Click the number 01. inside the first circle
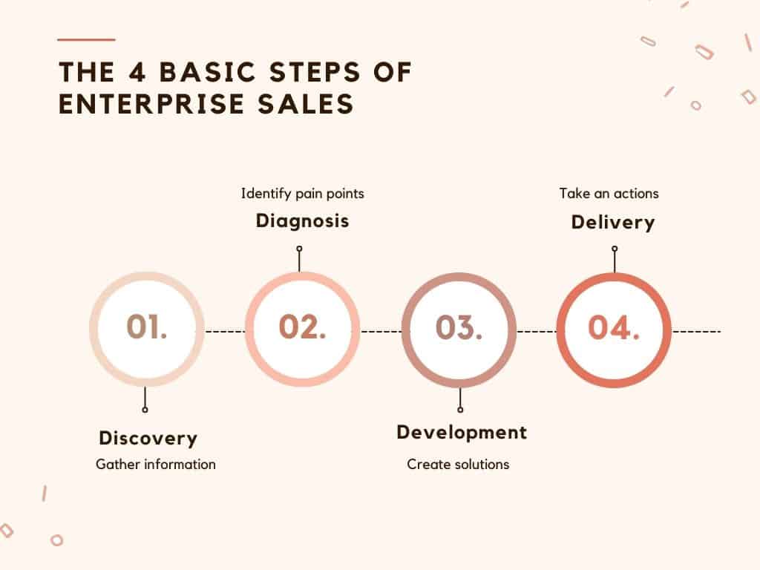point(146,327)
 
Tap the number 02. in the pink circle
point(303,327)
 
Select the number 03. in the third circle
point(459,327)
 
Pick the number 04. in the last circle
point(614,327)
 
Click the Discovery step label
point(148,438)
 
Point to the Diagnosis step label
point(303,221)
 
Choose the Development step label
point(462,433)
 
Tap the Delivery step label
point(613,223)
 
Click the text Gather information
point(156,465)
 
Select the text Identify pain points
point(303,194)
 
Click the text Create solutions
point(458,465)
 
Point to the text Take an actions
point(609,194)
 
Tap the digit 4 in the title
point(137,72)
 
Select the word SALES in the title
point(306,104)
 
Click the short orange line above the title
point(86,40)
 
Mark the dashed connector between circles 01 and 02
point(226,332)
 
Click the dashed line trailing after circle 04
point(697,332)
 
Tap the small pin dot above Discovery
point(145,410)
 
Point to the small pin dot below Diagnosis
point(300,249)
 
